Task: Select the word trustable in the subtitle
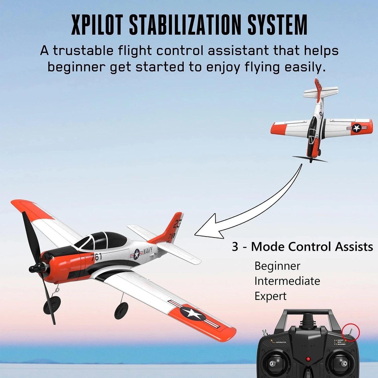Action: (x=83, y=50)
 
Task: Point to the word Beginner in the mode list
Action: (x=277, y=266)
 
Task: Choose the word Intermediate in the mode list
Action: (x=287, y=281)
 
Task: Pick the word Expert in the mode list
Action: (x=270, y=296)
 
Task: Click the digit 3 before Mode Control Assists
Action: (x=235, y=247)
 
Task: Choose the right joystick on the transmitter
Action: (x=343, y=363)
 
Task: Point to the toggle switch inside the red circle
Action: (x=351, y=331)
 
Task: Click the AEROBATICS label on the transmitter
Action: (x=281, y=342)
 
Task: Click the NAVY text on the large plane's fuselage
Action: (x=148, y=251)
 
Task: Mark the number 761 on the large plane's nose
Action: (x=97, y=257)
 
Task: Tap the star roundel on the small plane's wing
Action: (x=356, y=128)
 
